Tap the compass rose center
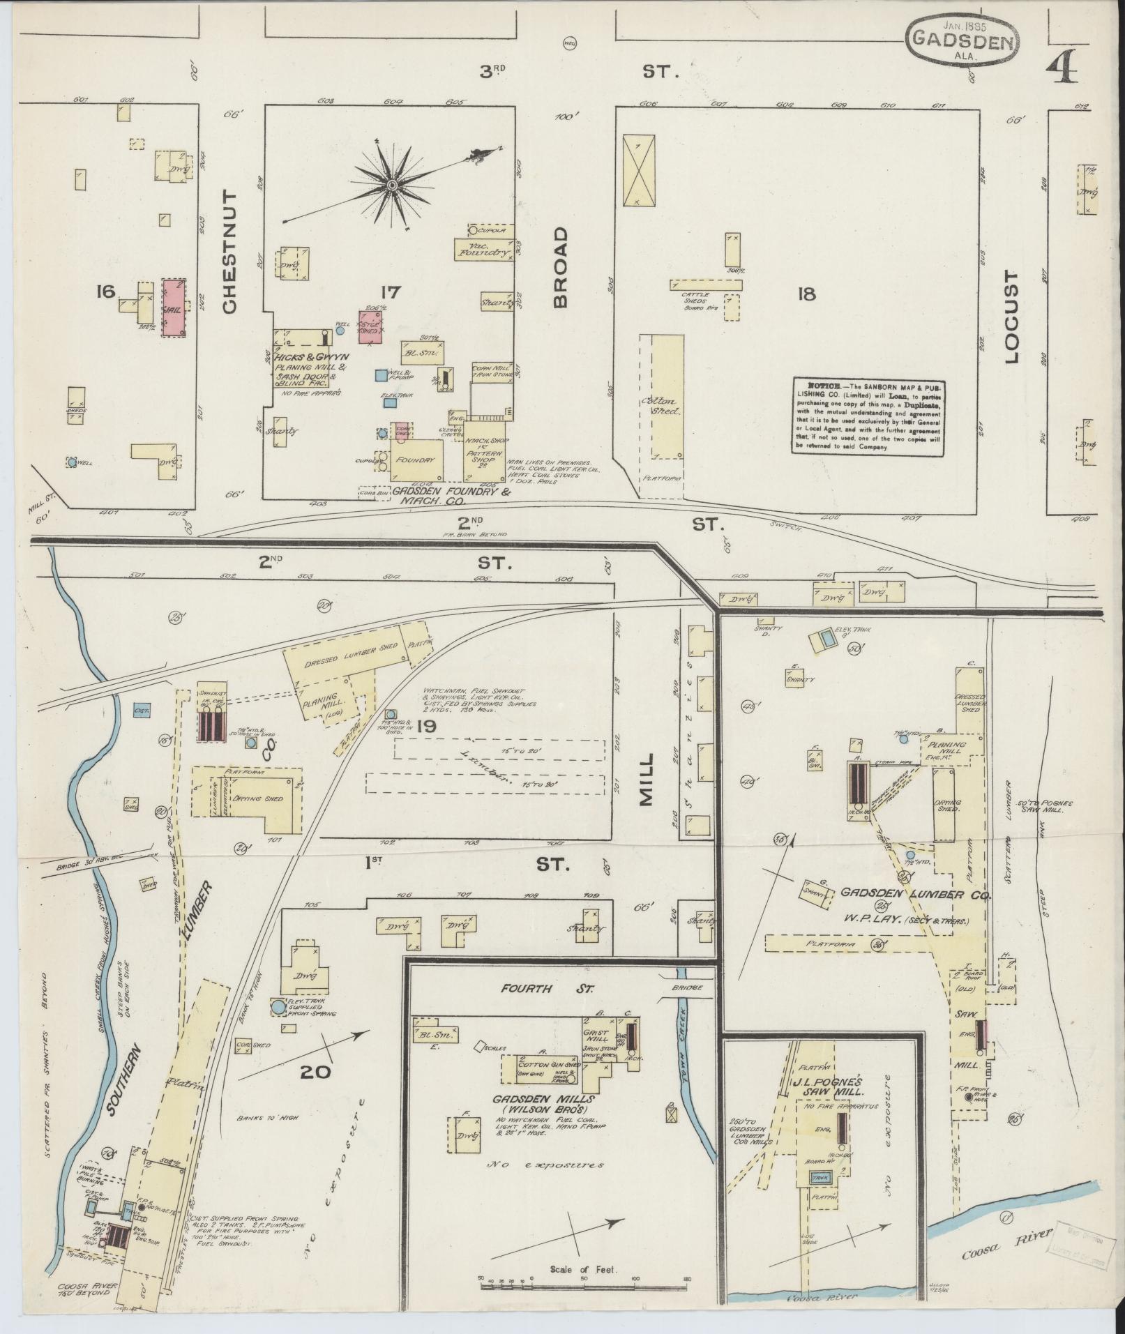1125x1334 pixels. pyautogui.click(x=392, y=185)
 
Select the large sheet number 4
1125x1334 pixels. pyautogui.click(x=1062, y=68)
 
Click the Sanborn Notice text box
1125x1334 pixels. pyautogui.click(x=874, y=417)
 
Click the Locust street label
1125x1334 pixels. pyautogui.click(x=1012, y=318)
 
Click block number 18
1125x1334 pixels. pyautogui.click(x=808, y=294)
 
